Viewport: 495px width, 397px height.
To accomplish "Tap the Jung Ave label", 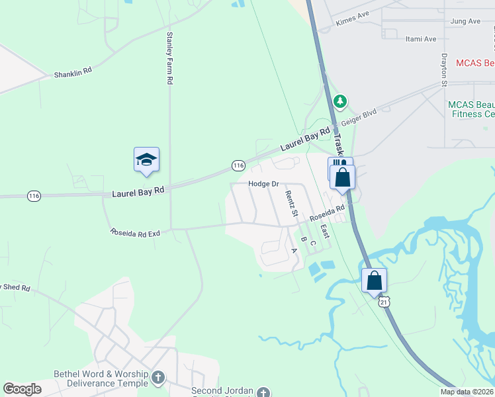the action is pos(465,22).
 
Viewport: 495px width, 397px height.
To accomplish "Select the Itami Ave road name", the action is pos(421,39).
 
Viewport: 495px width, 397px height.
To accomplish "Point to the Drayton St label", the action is pos(444,69).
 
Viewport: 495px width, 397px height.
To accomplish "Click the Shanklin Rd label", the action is pos(73,74).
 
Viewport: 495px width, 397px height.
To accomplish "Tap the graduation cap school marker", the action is pos(146,160).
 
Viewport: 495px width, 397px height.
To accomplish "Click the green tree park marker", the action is pos(340,101).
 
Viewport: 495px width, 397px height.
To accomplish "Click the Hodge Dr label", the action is pos(261,184).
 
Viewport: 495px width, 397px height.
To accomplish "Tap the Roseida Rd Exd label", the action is pos(135,233).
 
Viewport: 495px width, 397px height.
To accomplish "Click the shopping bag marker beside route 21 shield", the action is pos(374,281).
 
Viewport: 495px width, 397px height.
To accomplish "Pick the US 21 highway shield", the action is pos(384,302).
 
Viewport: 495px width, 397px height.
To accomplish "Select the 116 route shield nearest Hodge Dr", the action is pos(238,164).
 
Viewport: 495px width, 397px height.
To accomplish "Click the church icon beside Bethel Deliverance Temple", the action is pos(157,378).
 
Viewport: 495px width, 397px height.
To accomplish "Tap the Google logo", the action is pos(22,389).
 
